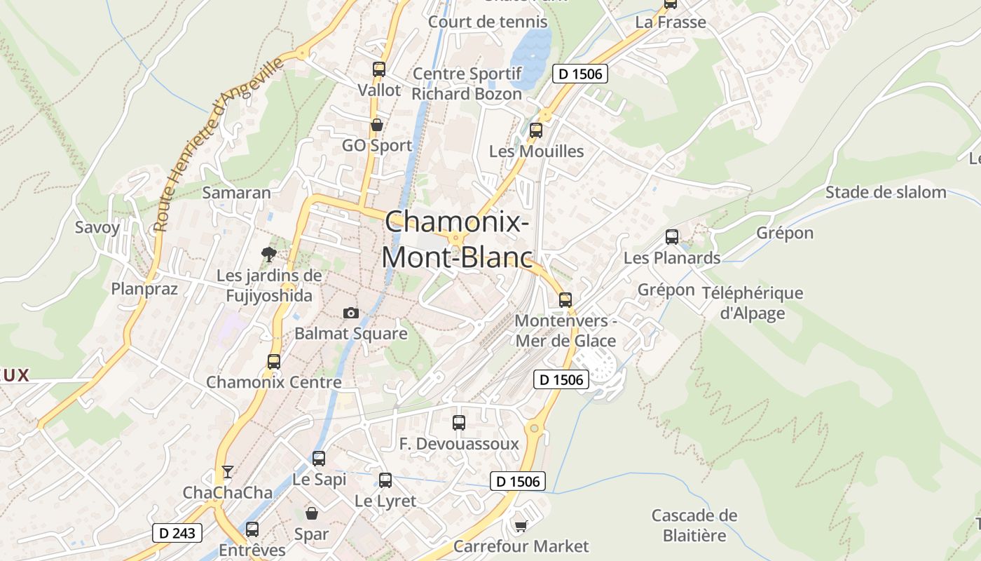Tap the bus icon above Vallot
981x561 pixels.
point(379,69)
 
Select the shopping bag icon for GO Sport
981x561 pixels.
point(377,125)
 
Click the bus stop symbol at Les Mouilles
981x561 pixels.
point(536,130)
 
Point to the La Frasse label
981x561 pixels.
point(671,22)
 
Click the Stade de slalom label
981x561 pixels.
point(886,192)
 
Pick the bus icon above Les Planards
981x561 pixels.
point(672,237)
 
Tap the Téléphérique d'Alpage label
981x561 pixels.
point(753,303)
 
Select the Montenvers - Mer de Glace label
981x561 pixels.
point(565,331)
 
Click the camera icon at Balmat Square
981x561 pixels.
point(351,313)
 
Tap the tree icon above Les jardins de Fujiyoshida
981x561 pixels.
point(268,254)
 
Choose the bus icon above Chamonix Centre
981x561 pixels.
point(274,362)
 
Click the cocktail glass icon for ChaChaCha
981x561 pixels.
point(228,471)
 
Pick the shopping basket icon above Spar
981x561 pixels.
point(312,513)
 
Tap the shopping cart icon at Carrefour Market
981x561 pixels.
point(521,525)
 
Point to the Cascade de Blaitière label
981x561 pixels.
point(694,525)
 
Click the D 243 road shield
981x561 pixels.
point(177,533)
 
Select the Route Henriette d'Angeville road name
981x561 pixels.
point(218,144)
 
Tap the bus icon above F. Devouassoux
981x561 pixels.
point(459,423)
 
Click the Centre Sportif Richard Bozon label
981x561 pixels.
point(467,83)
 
